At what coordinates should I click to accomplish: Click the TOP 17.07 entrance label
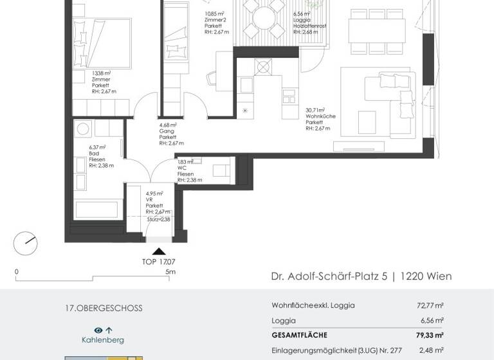[158, 262]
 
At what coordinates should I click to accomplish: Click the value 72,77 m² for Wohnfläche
[430, 305]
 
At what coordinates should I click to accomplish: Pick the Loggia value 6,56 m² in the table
[432, 320]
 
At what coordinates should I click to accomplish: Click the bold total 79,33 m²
[430, 335]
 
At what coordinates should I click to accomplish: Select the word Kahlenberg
[103, 339]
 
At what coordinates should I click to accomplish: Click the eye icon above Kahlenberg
[98, 330]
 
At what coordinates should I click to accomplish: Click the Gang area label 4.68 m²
[169, 125]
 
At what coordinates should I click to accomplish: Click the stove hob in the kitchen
[262, 67]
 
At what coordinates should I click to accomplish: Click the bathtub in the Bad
[96, 210]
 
